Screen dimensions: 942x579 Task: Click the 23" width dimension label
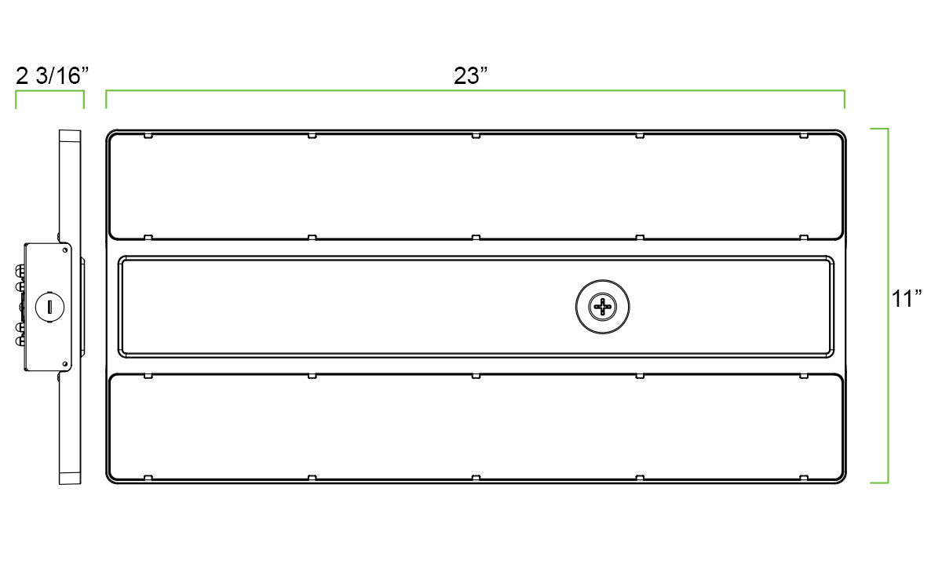470,75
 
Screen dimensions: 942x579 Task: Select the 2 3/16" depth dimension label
52,75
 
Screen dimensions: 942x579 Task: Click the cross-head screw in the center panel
603,307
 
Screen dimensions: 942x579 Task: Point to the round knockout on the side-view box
49,307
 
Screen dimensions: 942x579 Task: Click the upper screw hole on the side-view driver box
64,250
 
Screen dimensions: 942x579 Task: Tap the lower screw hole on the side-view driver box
64,364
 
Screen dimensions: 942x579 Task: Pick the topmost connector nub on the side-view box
20,269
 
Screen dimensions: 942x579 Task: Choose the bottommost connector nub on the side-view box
20,341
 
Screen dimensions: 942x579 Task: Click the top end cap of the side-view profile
70,135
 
